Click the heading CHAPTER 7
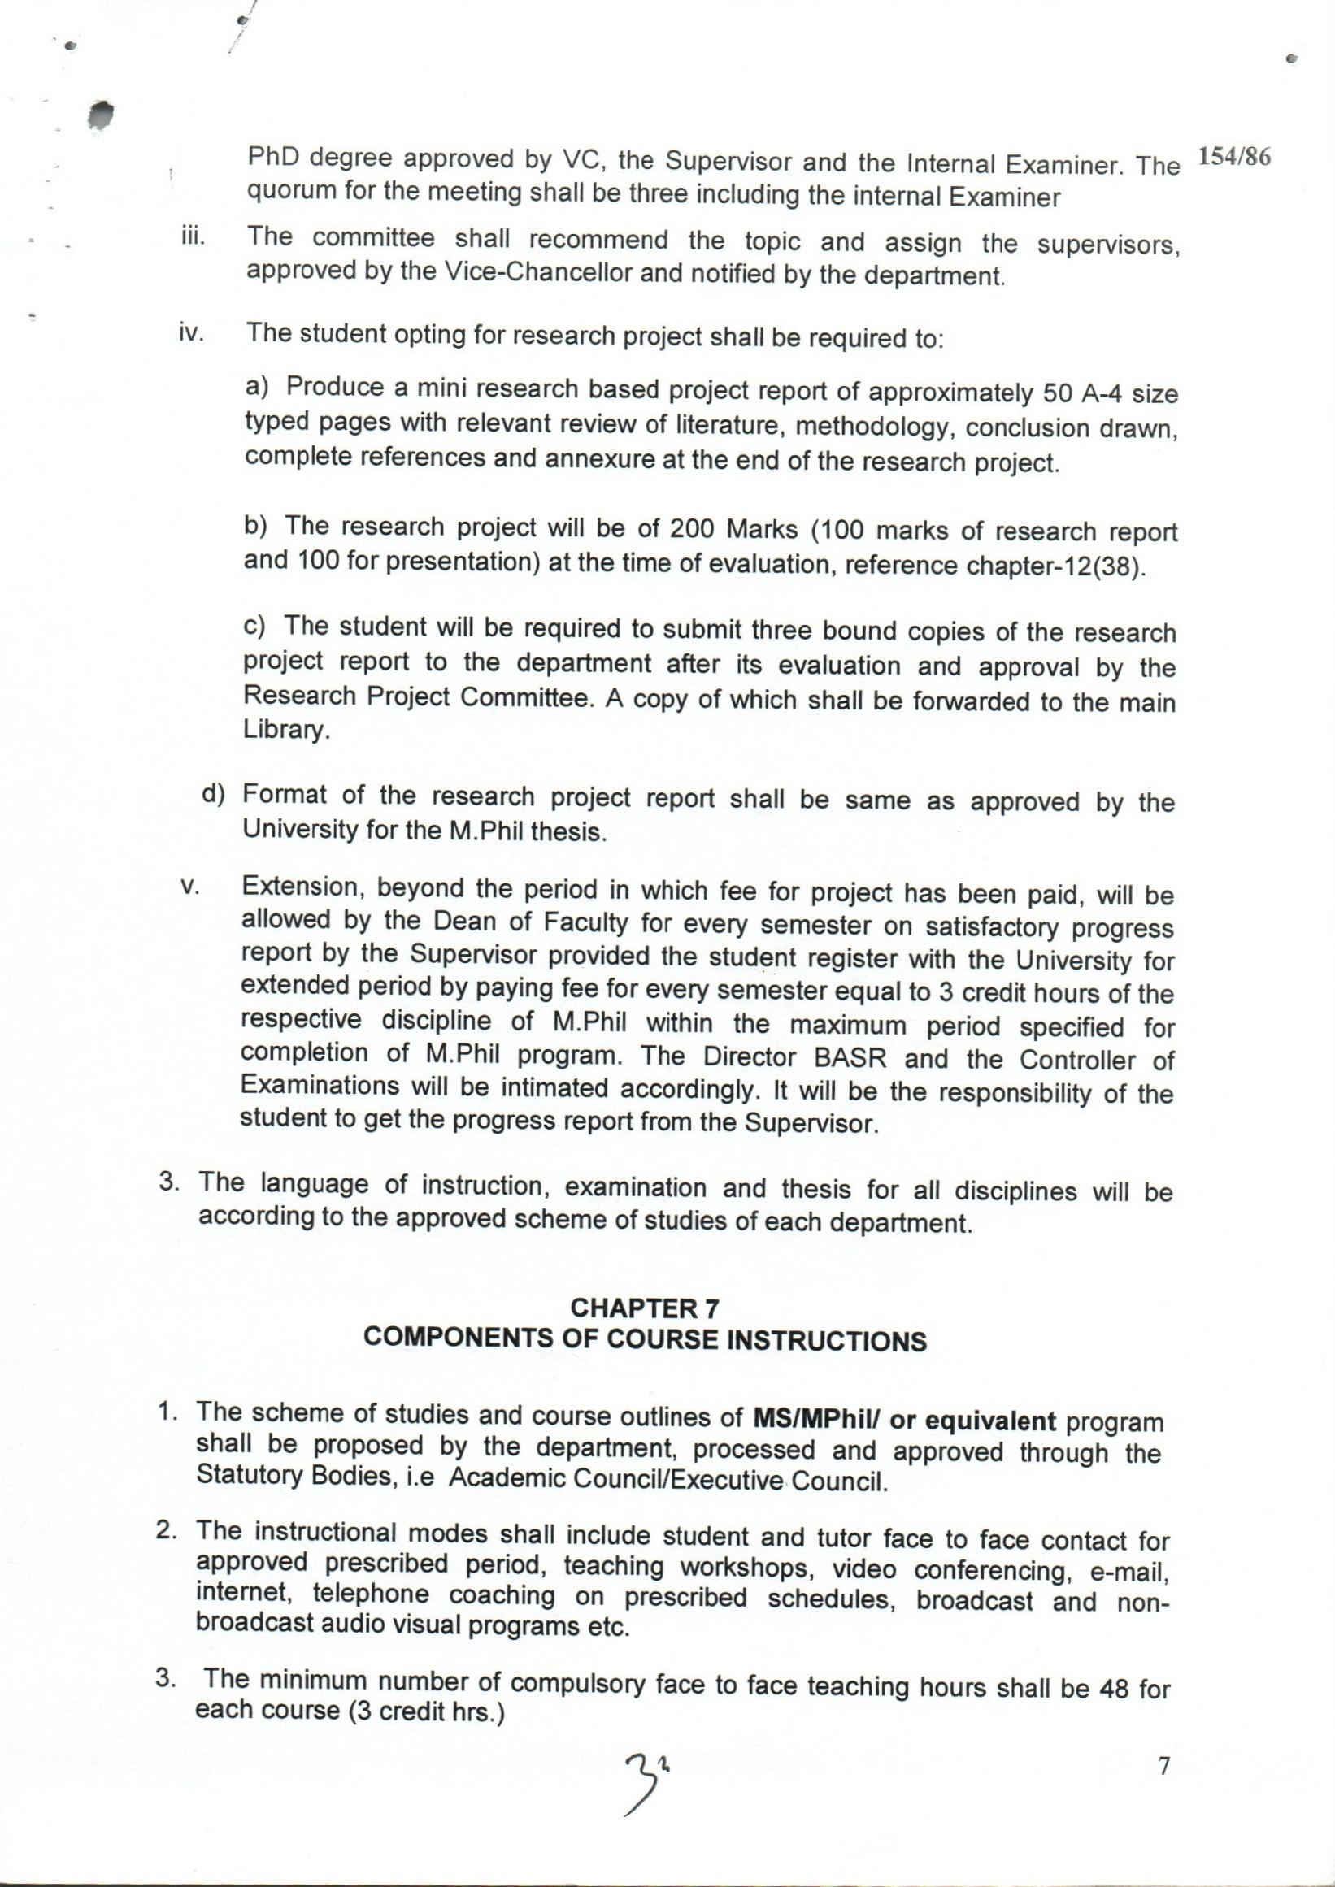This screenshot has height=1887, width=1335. (x=646, y=1308)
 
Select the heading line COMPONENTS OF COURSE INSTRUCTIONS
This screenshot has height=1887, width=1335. (x=645, y=1340)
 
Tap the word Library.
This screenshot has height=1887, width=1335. (x=286, y=731)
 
